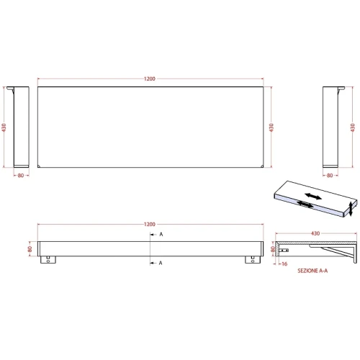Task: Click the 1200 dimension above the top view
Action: click(150, 78)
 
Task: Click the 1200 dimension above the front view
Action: click(150, 224)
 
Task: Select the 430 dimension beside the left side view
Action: click(4, 127)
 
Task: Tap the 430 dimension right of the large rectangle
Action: click(271, 127)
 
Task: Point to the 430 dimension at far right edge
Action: click(352, 127)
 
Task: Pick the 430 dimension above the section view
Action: click(315, 233)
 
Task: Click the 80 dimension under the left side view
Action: click(21, 176)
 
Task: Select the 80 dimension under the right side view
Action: click(330, 176)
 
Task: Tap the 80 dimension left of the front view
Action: click(30, 249)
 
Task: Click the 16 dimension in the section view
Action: click(284, 264)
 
